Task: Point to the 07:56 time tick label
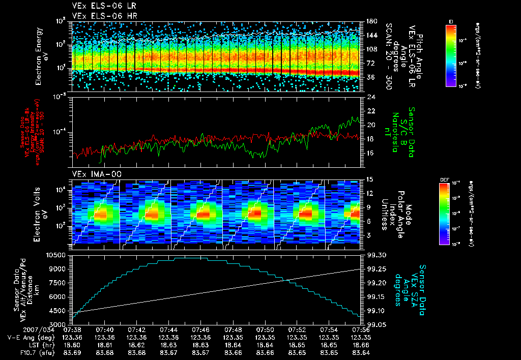pos(360,329)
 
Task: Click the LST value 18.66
pos(360,345)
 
